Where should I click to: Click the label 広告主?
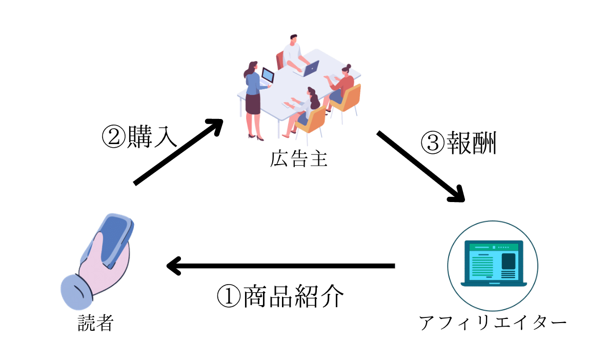click(298, 160)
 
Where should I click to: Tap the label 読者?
click(95, 323)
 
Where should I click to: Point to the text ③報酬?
click(459, 144)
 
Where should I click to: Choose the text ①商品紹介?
click(279, 296)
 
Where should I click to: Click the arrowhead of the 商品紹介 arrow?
click(173, 266)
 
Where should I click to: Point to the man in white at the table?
click(293, 54)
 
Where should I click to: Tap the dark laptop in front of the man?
click(311, 67)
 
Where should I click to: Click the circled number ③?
click(432, 144)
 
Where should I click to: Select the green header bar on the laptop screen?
click(492, 247)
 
